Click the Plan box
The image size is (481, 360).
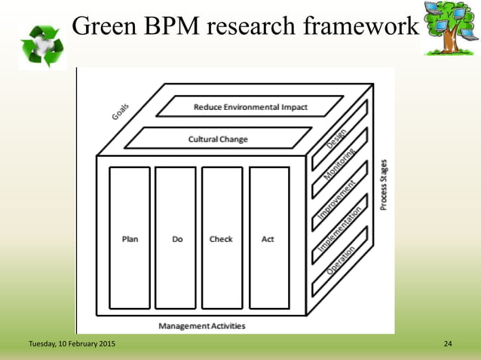tap(130, 238)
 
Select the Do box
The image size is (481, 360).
tap(176, 238)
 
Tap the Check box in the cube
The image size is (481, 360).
tap(222, 238)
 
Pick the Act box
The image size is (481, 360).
tap(268, 238)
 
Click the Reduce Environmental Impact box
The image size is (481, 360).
tap(250, 107)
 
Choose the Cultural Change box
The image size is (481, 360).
tap(218, 139)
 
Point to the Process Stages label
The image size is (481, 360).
tap(384, 185)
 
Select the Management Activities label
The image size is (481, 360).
tap(201, 325)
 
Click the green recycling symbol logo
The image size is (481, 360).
tap(41, 45)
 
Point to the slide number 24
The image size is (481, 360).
tap(448, 344)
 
